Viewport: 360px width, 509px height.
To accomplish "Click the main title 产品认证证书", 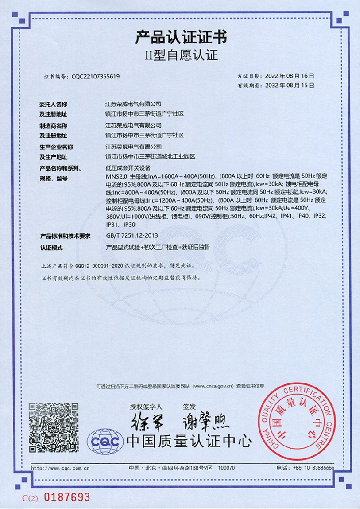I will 181,37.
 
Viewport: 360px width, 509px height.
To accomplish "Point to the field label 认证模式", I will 51,247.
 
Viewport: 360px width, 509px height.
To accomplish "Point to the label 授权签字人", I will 146,407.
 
